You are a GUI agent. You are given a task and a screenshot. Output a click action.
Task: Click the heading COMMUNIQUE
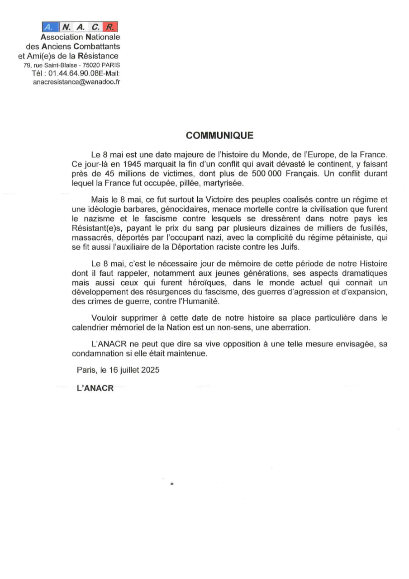220,136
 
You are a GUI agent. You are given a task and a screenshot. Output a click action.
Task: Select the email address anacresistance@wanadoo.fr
76,82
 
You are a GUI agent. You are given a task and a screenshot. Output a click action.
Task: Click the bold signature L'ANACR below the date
95,388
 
